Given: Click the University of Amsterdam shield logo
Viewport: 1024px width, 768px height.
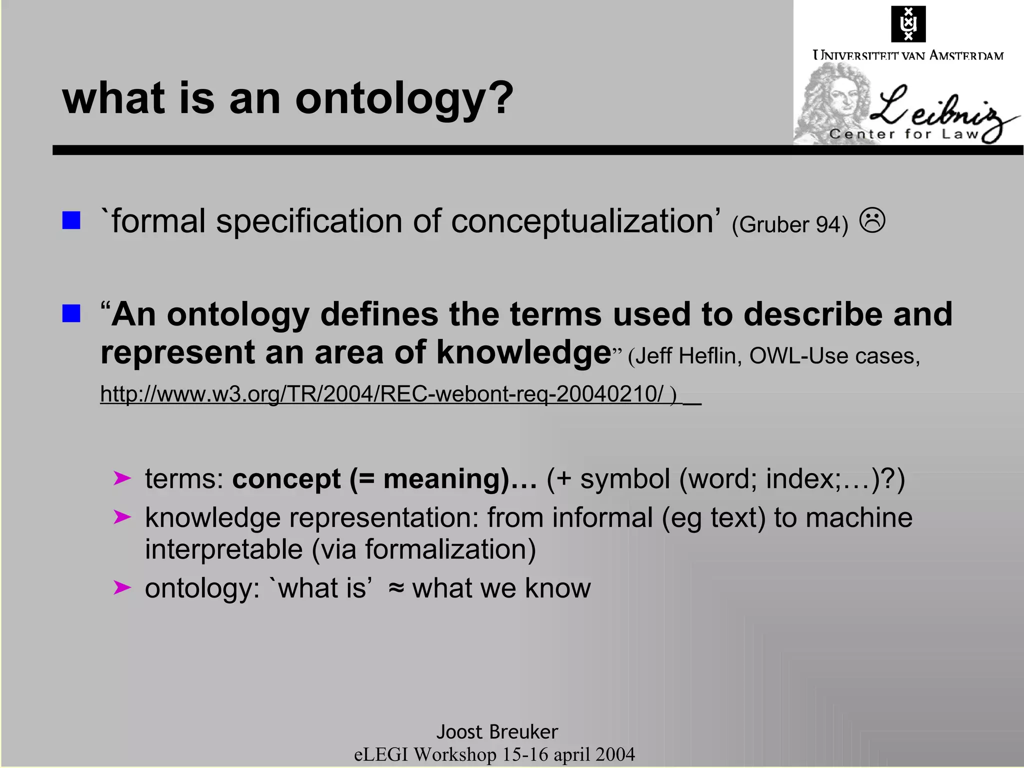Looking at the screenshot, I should click(908, 24).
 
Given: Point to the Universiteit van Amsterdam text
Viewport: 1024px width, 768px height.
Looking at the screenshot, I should click(908, 55).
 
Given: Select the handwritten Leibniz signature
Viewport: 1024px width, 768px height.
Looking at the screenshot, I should click(940, 110).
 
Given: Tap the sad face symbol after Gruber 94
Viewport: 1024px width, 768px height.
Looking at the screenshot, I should click(872, 220).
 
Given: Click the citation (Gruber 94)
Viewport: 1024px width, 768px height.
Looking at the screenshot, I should click(790, 224).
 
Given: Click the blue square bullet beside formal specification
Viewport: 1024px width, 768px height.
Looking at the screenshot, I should click(71, 220).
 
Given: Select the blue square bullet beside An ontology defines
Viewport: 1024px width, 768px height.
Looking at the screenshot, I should click(71, 313).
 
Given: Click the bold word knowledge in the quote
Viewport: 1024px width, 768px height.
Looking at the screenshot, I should click(523, 352).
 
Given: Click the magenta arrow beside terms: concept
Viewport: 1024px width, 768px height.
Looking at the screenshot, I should click(122, 478).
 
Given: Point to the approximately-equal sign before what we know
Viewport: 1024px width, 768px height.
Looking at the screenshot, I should click(396, 588).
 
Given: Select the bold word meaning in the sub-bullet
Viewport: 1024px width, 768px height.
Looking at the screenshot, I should click(442, 479).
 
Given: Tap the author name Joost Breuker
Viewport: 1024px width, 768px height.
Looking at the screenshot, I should click(497, 732).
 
